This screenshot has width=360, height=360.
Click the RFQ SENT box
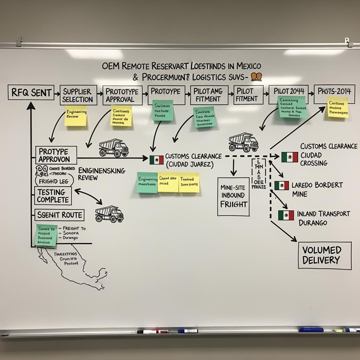tap(31, 93)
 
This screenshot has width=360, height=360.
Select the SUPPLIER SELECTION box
tap(77, 95)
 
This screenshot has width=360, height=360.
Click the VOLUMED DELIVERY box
tap(324, 256)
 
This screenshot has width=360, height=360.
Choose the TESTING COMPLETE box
tap(53, 196)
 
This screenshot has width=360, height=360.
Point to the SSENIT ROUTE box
tap(59, 215)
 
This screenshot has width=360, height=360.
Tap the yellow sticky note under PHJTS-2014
tap(338, 107)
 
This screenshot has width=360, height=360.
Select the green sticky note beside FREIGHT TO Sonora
tap(46, 235)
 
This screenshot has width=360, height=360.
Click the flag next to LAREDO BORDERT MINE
tap(282, 185)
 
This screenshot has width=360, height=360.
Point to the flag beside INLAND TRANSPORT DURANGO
tap(286, 215)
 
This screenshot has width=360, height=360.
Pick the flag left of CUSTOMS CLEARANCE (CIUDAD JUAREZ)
tap(156, 160)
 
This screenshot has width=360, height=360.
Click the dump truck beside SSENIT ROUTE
tap(109, 214)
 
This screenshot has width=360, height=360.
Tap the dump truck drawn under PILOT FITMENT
tap(243, 142)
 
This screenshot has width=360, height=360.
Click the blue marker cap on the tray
tap(311, 330)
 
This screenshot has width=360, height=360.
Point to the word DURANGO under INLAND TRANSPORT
tap(313, 223)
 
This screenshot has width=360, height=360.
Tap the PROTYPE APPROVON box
tap(56, 155)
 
